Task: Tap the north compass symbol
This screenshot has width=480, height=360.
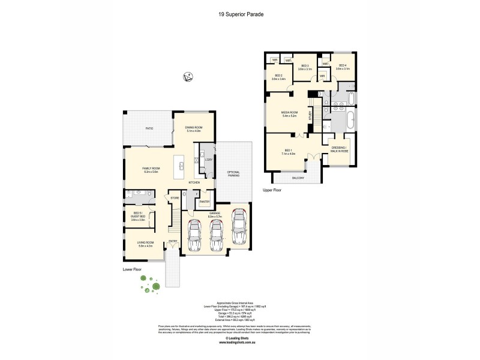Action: [188, 77]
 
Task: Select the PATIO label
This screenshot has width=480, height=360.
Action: [149, 128]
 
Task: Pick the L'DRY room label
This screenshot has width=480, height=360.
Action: [208, 160]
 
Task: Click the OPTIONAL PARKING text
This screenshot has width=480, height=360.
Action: [233, 174]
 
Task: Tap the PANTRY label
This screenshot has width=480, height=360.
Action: [204, 202]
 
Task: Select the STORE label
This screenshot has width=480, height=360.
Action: [175, 197]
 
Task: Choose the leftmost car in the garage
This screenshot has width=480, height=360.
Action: [194, 235]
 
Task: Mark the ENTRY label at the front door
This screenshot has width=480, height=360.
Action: [173, 241]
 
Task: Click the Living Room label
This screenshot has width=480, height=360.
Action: [146, 244]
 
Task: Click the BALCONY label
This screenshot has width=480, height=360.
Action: [298, 178]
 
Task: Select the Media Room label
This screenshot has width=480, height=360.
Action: [290, 114]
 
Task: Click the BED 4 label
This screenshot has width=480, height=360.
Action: [343, 67]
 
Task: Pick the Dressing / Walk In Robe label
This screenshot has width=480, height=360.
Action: [339, 151]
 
